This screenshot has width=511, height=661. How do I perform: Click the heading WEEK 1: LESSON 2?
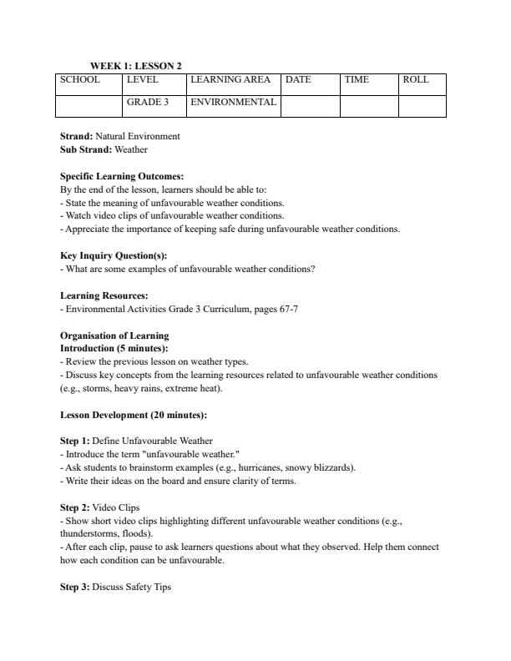pos(136,66)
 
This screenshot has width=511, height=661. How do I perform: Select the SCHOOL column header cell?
pos(80,80)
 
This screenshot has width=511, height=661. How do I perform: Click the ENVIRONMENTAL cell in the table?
pos(233,103)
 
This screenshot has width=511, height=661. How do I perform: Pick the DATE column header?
pos(298,80)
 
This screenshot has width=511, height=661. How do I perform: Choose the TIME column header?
pos(357,80)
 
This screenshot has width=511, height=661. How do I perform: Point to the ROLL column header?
pos(416,80)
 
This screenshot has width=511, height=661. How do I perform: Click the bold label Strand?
pos(76,136)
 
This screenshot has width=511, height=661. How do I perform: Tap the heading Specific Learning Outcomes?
pos(122,177)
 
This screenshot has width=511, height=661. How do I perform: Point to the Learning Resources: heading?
pos(104,295)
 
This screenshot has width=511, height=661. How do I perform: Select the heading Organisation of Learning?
pos(114,336)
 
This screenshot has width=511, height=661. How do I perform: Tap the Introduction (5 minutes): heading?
pos(114,348)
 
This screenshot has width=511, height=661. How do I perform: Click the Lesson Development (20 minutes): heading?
pos(134,415)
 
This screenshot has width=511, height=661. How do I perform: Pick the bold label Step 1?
pos(75,441)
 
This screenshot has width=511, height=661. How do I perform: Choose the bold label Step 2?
pos(75,507)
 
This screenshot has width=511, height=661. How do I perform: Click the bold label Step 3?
pos(75,587)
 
